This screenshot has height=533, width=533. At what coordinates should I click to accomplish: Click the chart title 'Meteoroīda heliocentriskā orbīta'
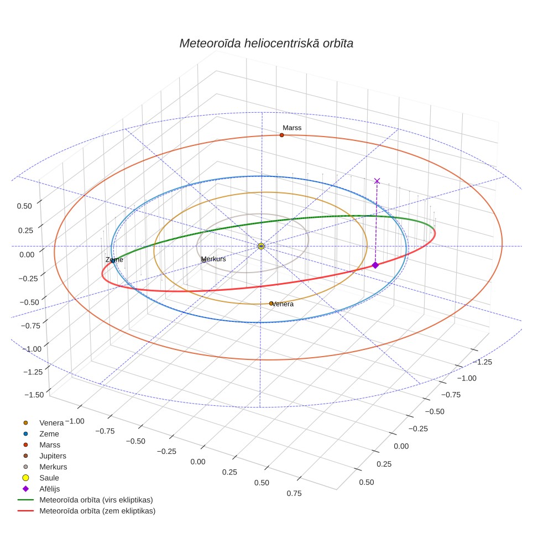click(266, 43)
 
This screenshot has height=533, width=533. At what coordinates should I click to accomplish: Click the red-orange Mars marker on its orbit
click(282, 135)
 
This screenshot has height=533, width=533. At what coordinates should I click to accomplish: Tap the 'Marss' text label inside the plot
click(292, 128)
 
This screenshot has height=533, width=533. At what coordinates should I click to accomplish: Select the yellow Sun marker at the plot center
click(261, 246)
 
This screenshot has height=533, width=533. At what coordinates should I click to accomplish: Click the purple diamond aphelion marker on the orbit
click(375, 265)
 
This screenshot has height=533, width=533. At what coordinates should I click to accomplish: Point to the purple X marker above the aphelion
click(377, 181)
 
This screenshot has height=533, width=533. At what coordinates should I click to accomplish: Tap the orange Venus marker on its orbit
click(271, 304)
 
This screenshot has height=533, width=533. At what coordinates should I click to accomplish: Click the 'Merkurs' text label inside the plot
click(213, 259)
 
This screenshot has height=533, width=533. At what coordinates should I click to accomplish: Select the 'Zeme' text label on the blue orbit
click(114, 260)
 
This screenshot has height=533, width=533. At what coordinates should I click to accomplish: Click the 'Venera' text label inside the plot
click(283, 304)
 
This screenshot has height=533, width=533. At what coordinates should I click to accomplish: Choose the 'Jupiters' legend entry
click(53, 456)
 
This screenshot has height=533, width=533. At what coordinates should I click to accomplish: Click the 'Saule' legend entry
click(49, 478)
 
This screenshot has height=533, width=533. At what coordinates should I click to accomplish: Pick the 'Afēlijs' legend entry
click(50, 489)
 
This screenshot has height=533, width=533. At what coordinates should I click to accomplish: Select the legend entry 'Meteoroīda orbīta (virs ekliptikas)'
click(96, 500)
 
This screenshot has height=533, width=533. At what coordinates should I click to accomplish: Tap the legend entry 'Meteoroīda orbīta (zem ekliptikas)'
click(97, 511)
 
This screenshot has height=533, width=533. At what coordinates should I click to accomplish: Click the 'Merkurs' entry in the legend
click(54, 467)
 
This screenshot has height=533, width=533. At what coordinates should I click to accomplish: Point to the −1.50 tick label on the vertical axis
click(34, 395)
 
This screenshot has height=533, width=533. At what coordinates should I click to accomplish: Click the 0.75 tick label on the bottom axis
click(294, 493)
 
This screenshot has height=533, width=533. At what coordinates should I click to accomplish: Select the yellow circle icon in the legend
click(25, 478)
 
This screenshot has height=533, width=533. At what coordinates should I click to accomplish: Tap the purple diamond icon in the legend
click(25, 489)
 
